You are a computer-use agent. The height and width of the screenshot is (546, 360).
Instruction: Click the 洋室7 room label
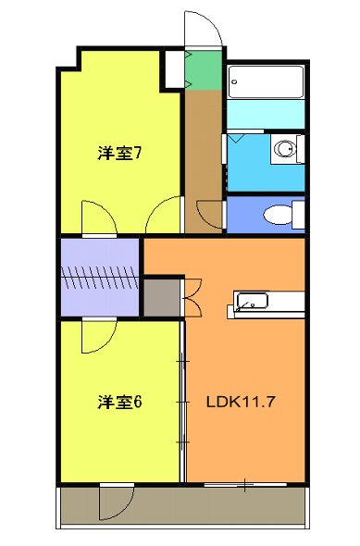(119, 154)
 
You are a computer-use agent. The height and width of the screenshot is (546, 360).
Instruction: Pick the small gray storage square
(163, 297)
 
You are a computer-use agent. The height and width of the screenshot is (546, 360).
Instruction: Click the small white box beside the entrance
(173, 68)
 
